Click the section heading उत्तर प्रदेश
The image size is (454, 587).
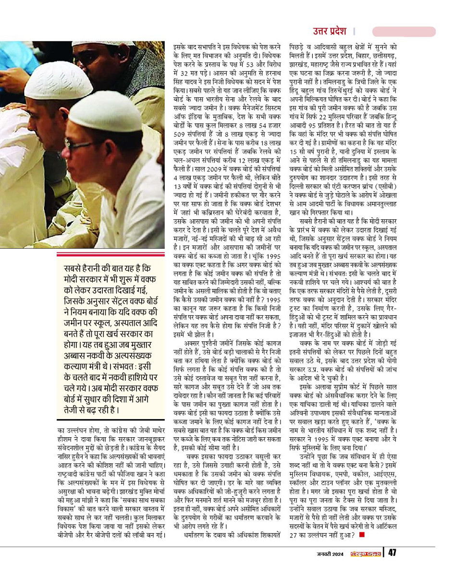[330, 32]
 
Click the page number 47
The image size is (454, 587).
[392, 552]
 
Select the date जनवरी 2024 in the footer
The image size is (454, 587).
[331, 553]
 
